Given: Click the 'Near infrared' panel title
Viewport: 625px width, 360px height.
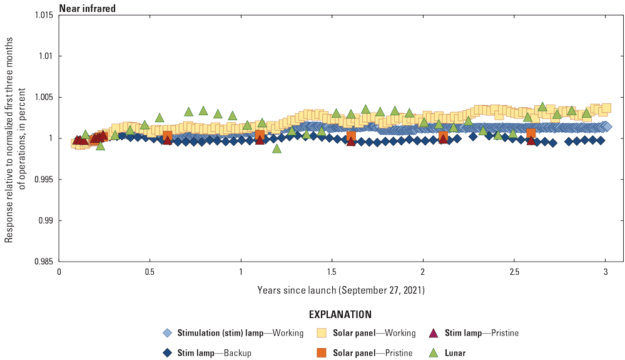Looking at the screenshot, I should [88, 8].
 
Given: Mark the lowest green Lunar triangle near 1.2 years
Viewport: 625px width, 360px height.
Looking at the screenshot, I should [277, 148].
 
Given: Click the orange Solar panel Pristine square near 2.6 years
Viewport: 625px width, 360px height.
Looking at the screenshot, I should [531, 133].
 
